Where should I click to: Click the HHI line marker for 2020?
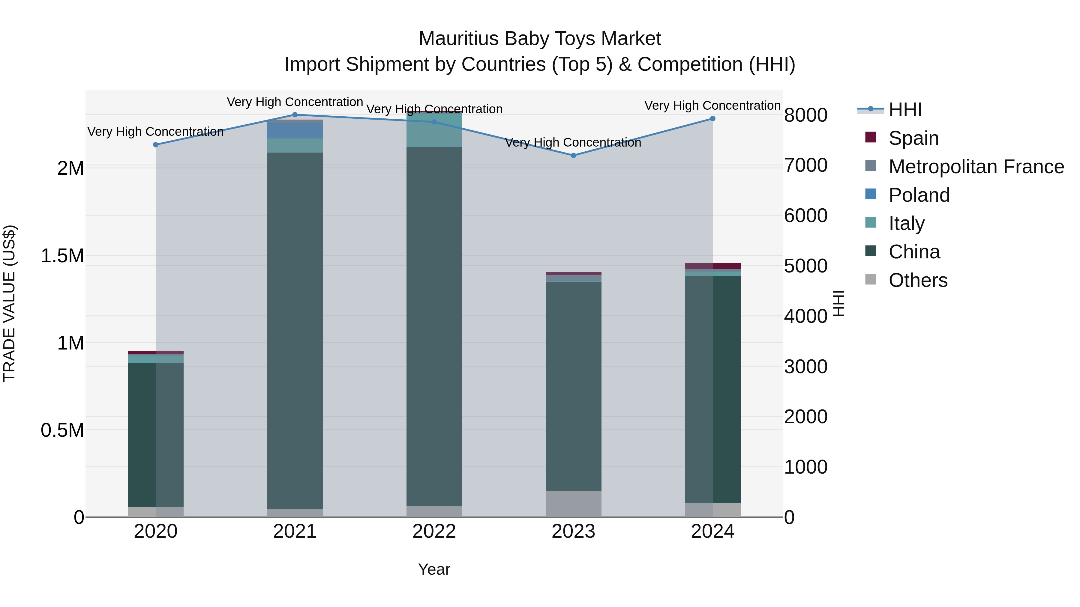[155, 144]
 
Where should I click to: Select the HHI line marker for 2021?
[295, 115]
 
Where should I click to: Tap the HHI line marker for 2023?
[574, 155]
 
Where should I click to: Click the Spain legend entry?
[913, 138]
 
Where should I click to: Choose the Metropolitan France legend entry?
[976, 167]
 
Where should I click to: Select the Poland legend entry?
[919, 195]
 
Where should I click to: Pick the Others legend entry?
[918, 280]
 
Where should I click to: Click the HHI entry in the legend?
[905, 110]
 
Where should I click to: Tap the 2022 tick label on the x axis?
[434, 531]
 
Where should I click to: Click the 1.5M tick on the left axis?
[62, 255]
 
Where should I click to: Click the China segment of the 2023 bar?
[574, 385]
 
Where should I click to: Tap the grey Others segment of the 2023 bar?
[574, 504]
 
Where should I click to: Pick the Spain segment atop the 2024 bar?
[713, 266]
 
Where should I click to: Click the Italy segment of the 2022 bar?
[434, 130]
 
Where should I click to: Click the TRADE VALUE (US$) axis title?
[10, 303]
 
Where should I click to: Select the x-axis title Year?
[434, 569]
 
